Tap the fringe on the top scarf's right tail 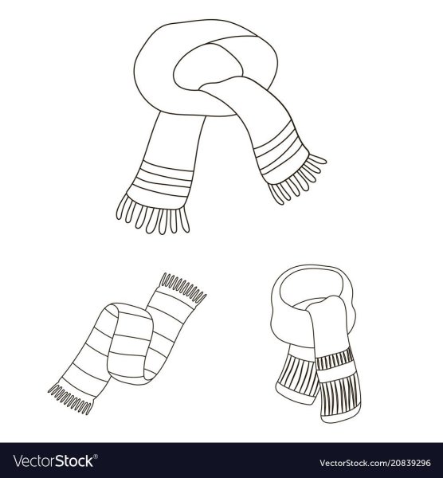297,180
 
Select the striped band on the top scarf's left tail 163,179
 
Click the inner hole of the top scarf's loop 207,65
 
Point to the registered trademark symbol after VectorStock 96,456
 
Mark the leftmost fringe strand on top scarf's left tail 120,207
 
